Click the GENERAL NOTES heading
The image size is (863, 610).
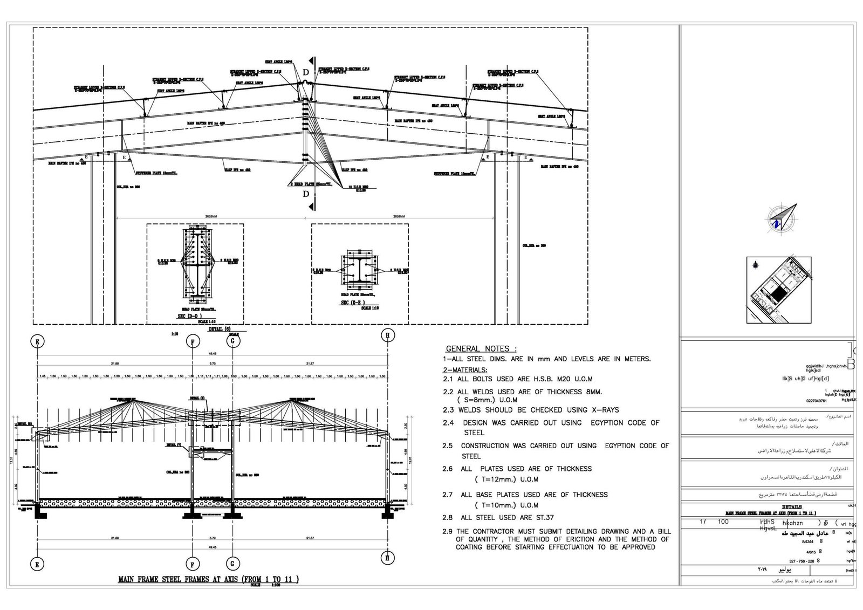[481, 348]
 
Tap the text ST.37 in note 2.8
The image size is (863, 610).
[543, 517]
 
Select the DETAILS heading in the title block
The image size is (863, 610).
[791, 507]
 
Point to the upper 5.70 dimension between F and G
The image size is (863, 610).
[213, 364]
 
